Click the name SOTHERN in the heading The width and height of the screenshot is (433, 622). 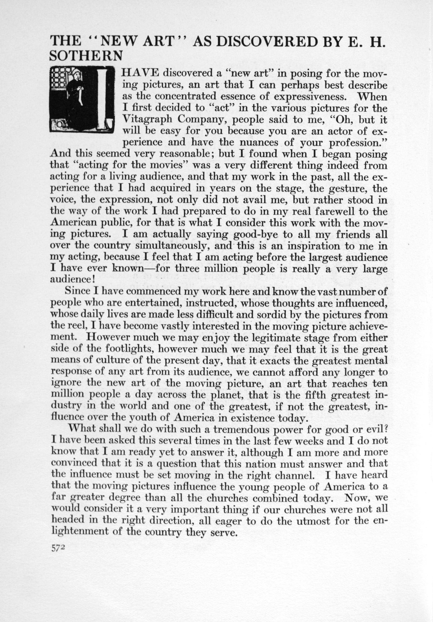coord(86,56)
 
